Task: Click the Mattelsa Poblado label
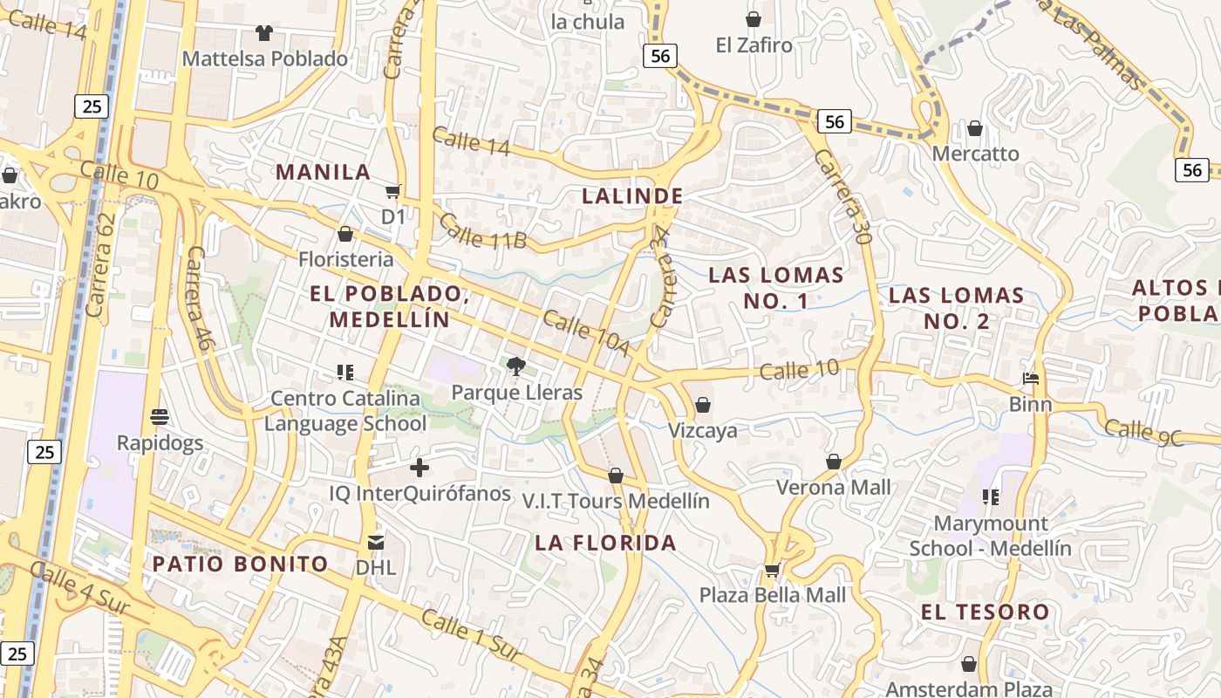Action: (264, 59)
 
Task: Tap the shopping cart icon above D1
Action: (392, 192)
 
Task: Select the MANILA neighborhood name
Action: (323, 172)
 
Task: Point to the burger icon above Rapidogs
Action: (159, 416)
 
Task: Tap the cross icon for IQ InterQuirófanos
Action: (419, 468)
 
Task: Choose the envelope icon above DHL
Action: (375, 542)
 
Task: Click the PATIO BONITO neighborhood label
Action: (240, 564)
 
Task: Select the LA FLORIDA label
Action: (605, 543)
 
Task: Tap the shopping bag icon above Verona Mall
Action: (833, 462)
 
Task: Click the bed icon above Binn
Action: (1030, 379)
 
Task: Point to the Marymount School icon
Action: (990, 497)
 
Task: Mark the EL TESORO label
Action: (985, 612)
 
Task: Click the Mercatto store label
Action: (975, 154)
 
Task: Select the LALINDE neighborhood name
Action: (632, 196)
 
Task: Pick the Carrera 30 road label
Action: (842, 196)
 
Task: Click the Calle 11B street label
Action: (482, 230)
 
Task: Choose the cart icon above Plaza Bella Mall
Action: (772, 571)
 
